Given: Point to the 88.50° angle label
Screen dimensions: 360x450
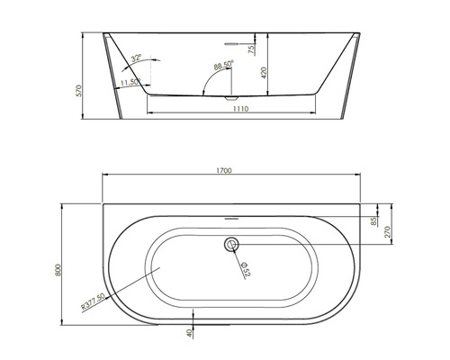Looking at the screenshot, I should [224, 65].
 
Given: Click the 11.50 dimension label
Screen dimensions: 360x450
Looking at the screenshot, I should [128, 82].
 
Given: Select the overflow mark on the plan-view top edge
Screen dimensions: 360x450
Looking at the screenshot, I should [231, 218].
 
